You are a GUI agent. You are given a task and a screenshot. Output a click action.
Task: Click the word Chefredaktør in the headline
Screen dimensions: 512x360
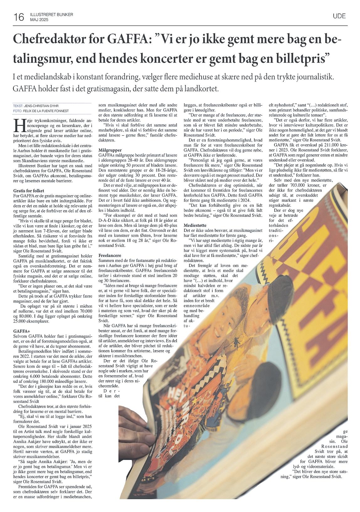coord(49,40)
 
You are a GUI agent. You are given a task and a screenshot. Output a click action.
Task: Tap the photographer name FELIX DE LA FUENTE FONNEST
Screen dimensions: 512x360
coord(47,111)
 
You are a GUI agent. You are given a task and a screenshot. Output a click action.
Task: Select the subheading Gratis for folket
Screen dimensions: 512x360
coord(29,191)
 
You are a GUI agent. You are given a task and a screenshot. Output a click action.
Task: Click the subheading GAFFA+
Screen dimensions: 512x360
coord(21,331)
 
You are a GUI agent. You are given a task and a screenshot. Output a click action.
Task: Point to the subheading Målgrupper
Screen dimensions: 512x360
coord(110,151)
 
